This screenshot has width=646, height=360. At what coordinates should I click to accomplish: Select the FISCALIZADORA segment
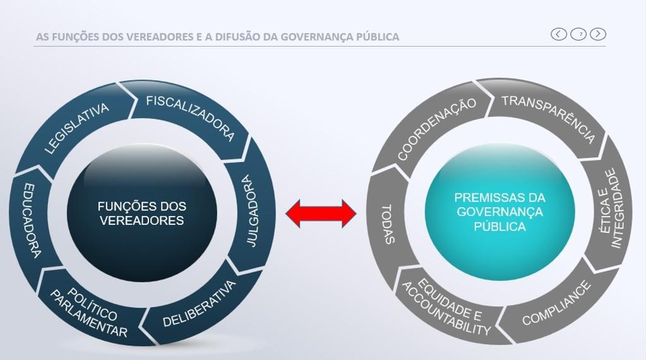click(x=190, y=117)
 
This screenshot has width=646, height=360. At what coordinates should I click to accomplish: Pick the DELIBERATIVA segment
click(x=200, y=303)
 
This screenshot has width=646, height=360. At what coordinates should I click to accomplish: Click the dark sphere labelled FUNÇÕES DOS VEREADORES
click(x=141, y=213)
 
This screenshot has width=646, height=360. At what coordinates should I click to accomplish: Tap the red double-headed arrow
click(x=321, y=213)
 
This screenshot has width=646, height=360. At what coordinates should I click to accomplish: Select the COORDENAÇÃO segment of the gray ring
click(x=436, y=129)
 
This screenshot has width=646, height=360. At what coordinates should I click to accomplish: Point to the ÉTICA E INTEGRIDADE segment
click(x=610, y=208)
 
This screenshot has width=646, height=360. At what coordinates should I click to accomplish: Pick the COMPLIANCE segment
click(x=556, y=304)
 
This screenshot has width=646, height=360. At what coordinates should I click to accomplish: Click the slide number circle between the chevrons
click(x=578, y=34)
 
